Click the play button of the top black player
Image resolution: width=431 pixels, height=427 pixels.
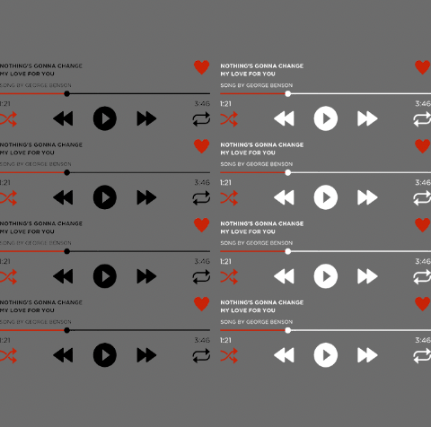pyautogui.click(x=105, y=118)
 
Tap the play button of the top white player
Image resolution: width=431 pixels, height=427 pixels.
pyautogui.click(x=325, y=118)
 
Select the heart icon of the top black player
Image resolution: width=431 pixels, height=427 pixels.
pyautogui.click(x=201, y=67)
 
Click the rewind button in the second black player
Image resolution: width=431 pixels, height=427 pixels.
pyautogui.click(x=63, y=197)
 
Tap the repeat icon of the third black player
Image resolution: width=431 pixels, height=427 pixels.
pyautogui.click(x=201, y=275)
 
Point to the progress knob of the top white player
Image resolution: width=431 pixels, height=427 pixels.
pyautogui.click(x=287, y=93)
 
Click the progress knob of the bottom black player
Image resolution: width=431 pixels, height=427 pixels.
pyautogui.click(x=67, y=330)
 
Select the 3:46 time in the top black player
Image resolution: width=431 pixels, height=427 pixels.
pyautogui.click(x=202, y=104)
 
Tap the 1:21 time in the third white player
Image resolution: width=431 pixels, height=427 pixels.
pyautogui.click(x=226, y=262)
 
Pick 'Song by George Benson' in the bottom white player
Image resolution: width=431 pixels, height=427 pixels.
pyautogui.click(x=256, y=321)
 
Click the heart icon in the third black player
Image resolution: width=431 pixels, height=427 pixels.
pyautogui.click(x=201, y=225)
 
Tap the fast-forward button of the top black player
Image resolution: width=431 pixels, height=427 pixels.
pyautogui.click(x=146, y=118)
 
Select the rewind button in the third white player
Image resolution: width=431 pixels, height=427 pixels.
pyautogui.click(x=284, y=275)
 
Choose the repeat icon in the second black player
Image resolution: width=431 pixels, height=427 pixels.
pyautogui.click(x=201, y=196)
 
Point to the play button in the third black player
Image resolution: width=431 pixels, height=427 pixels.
pyautogui.click(x=105, y=275)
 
